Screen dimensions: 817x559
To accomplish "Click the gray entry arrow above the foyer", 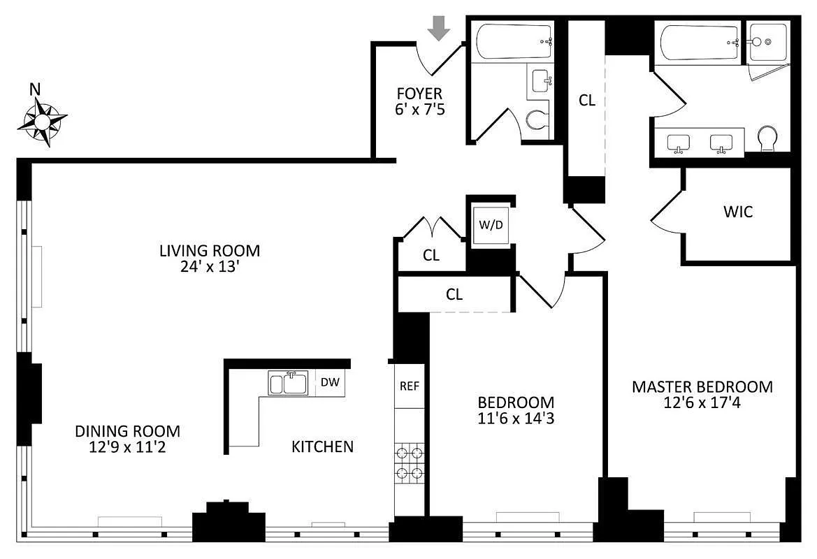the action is coord(439,28).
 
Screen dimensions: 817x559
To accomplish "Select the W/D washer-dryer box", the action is coord(491,225).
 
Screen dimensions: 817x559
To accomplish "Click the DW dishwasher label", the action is coord(330,382).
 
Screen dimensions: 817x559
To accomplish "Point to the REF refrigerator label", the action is coord(410,386).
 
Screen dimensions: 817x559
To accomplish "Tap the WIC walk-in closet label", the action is coord(738,212).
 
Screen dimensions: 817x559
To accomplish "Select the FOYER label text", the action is coord(419,94).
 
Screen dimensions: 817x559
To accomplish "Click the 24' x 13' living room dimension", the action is coord(210,267).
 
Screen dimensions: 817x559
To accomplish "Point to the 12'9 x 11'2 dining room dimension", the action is coord(128,447).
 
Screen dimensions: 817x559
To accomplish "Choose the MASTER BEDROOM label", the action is coord(702,386).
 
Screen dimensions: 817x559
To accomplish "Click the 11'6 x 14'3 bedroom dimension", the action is coord(516,418).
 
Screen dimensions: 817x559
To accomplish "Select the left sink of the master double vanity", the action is coord(679,143).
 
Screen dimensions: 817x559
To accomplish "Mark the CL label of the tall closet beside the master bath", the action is coord(586,100).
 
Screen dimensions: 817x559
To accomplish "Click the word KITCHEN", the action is coord(322,447).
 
